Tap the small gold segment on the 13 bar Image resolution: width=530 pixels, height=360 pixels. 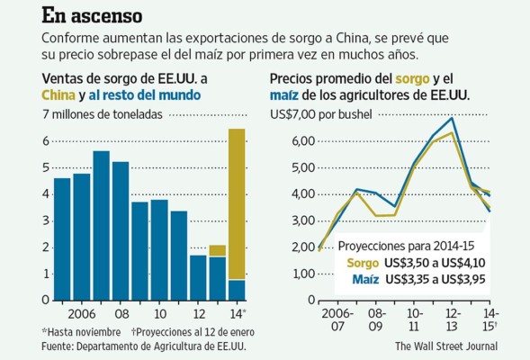click(217, 250)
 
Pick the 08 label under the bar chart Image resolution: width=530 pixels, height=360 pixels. click(121, 313)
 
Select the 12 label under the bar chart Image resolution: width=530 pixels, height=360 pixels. click(198, 313)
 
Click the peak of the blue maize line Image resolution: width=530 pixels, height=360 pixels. click(451, 118)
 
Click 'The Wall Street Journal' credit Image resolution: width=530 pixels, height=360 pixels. click(445, 345)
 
